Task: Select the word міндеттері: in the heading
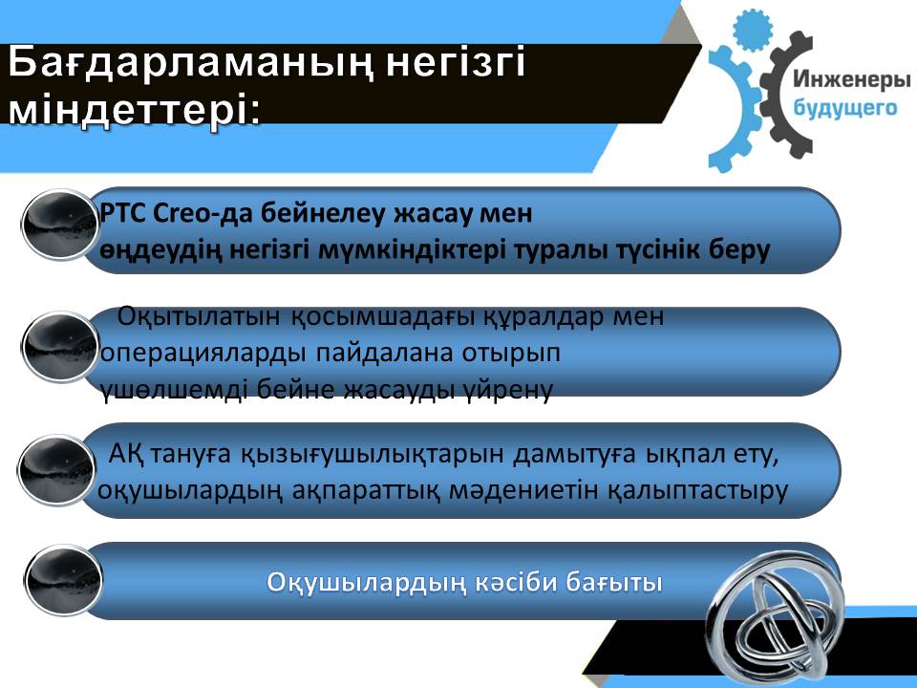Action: tap(135, 111)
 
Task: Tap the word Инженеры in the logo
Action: tap(851, 79)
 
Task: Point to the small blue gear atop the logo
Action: tap(753, 30)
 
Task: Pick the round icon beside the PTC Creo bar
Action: tap(60, 225)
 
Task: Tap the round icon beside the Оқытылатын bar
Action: tap(60, 348)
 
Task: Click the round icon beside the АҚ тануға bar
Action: tap(56, 470)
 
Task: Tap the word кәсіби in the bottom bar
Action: tap(517, 583)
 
